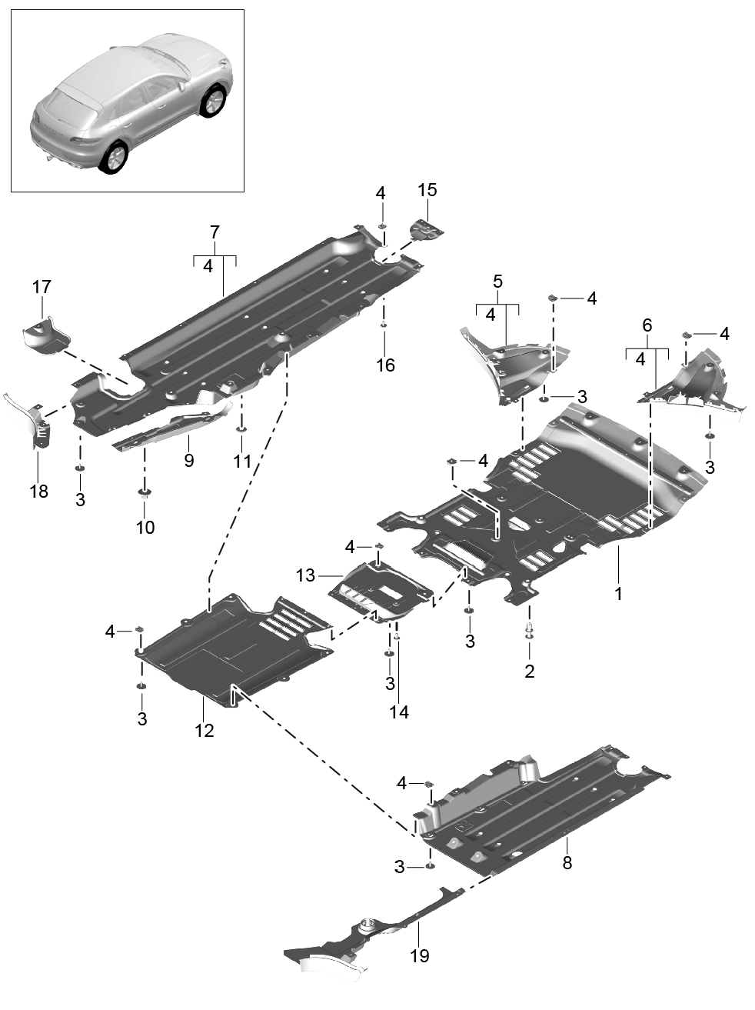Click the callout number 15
pyautogui.click(x=427, y=190)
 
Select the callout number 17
pyautogui.click(x=42, y=287)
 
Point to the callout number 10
pyautogui.click(x=145, y=528)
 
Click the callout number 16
pyautogui.click(x=385, y=365)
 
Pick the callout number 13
pyautogui.click(x=305, y=575)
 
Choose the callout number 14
pyautogui.click(x=398, y=712)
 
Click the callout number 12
pyautogui.click(x=204, y=730)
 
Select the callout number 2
pyautogui.click(x=529, y=671)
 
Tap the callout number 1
pyautogui.click(x=619, y=594)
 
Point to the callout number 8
pyautogui.click(x=567, y=863)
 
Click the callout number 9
pyautogui.click(x=188, y=461)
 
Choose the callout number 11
pyautogui.click(x=242, y=462)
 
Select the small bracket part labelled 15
pyautogui.click(x=425, y=229)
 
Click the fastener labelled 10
pyautogui.click(x=144, y=495)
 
